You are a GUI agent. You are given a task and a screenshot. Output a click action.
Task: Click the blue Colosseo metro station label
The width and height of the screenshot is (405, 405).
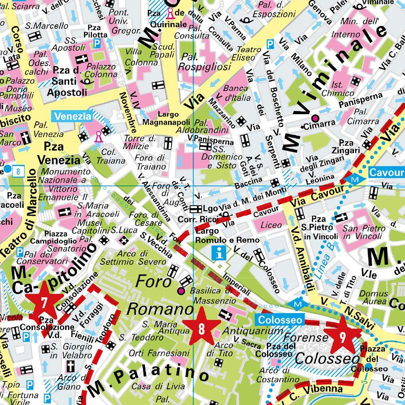point(279,320)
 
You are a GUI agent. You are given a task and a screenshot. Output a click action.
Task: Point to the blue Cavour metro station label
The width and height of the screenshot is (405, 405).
point(386,173)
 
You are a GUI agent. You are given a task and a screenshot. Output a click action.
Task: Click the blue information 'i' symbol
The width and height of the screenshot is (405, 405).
point(220,254)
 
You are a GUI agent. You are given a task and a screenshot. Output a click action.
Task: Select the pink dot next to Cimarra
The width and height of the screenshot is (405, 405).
point(315,118)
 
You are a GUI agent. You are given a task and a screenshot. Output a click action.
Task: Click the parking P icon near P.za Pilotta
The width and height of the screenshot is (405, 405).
point(97,43)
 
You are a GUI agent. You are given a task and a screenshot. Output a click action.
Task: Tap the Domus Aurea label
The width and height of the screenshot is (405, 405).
point(373,297)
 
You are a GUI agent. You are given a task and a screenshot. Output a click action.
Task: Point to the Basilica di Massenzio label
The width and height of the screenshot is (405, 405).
point(212,296)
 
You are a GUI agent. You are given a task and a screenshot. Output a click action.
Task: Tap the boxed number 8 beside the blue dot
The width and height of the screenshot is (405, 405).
point(18,171)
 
